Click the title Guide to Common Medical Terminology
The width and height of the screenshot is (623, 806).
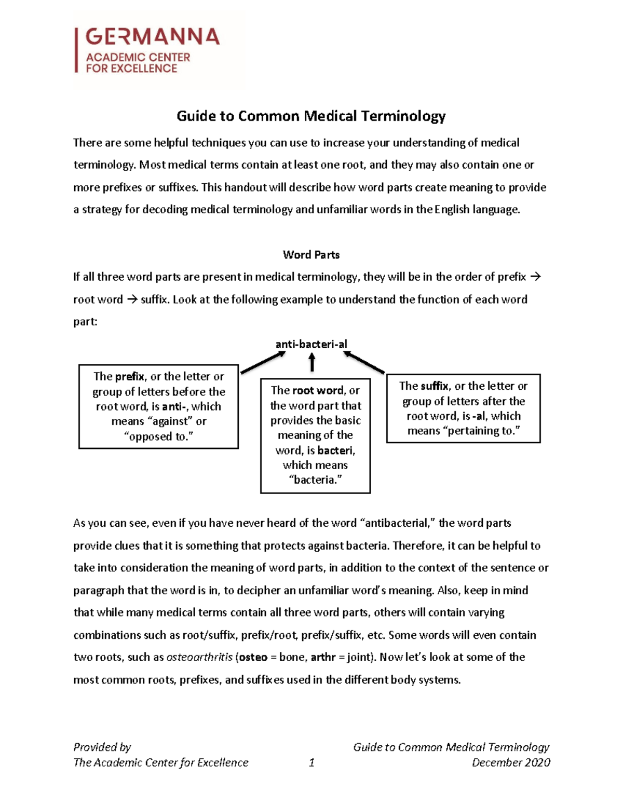[311, 116]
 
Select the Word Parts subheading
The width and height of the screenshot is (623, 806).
[311, 255]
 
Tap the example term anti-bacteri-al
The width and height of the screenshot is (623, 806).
[311, 344]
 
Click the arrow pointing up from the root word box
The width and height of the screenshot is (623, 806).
[312, 362]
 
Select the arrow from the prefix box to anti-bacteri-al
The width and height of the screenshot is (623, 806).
[263, 362]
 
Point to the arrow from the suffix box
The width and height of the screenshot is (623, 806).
[364, 362]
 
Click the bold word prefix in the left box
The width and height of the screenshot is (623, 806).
[130, 376]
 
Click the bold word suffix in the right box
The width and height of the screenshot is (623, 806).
[435, 386]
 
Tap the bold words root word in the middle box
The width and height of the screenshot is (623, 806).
[318, 390]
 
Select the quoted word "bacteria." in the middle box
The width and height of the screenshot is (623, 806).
[315, 480]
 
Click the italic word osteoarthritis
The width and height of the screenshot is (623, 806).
[199, 657]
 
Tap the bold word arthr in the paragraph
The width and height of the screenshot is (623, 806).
[323, 657]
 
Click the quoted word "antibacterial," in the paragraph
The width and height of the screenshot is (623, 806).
[398, 523]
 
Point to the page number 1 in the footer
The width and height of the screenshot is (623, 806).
[311, 762]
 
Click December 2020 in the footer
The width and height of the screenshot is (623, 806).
[510, 762]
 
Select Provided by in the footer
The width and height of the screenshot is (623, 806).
[102, 747]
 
